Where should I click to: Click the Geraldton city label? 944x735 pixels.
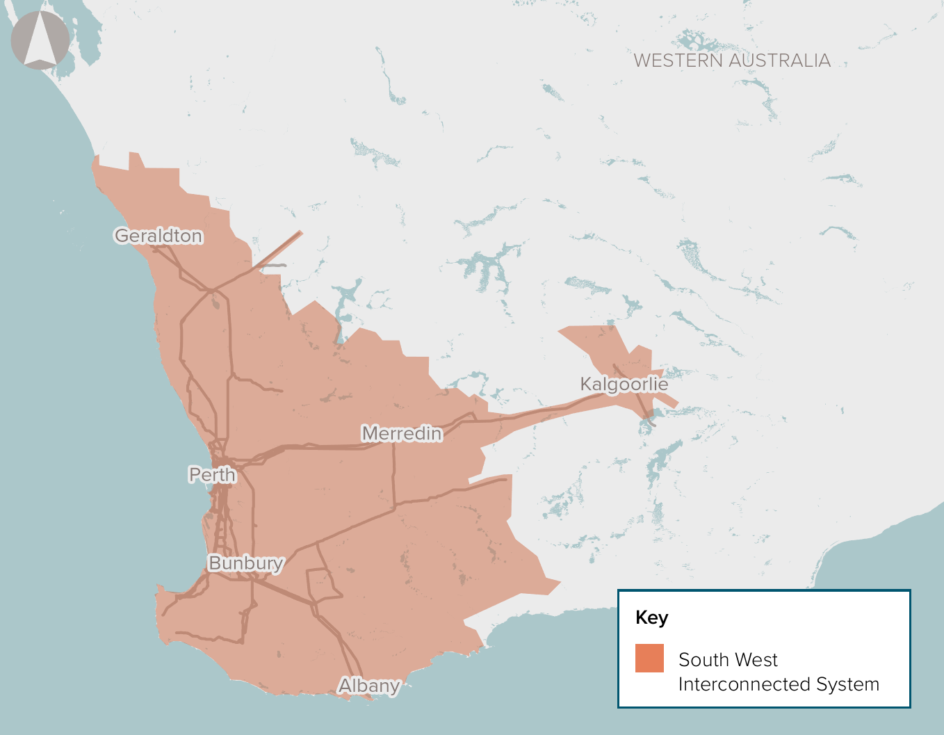158,236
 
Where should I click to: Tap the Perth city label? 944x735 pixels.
212,475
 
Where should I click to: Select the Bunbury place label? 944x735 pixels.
246,563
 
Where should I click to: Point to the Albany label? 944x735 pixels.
369,686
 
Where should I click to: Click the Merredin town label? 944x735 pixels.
402,434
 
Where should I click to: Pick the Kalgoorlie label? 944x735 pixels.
624,385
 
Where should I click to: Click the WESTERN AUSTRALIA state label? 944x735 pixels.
732,61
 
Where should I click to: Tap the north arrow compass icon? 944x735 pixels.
40,40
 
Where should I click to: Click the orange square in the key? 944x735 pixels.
649,658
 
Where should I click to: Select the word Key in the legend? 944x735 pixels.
651,617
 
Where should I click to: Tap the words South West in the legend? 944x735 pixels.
728,659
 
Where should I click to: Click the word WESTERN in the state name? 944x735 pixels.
678,61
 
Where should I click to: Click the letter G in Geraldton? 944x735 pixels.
122,236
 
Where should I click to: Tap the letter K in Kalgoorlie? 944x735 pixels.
586,385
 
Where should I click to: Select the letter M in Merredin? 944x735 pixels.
371,434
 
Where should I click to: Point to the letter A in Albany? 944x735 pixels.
345,686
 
